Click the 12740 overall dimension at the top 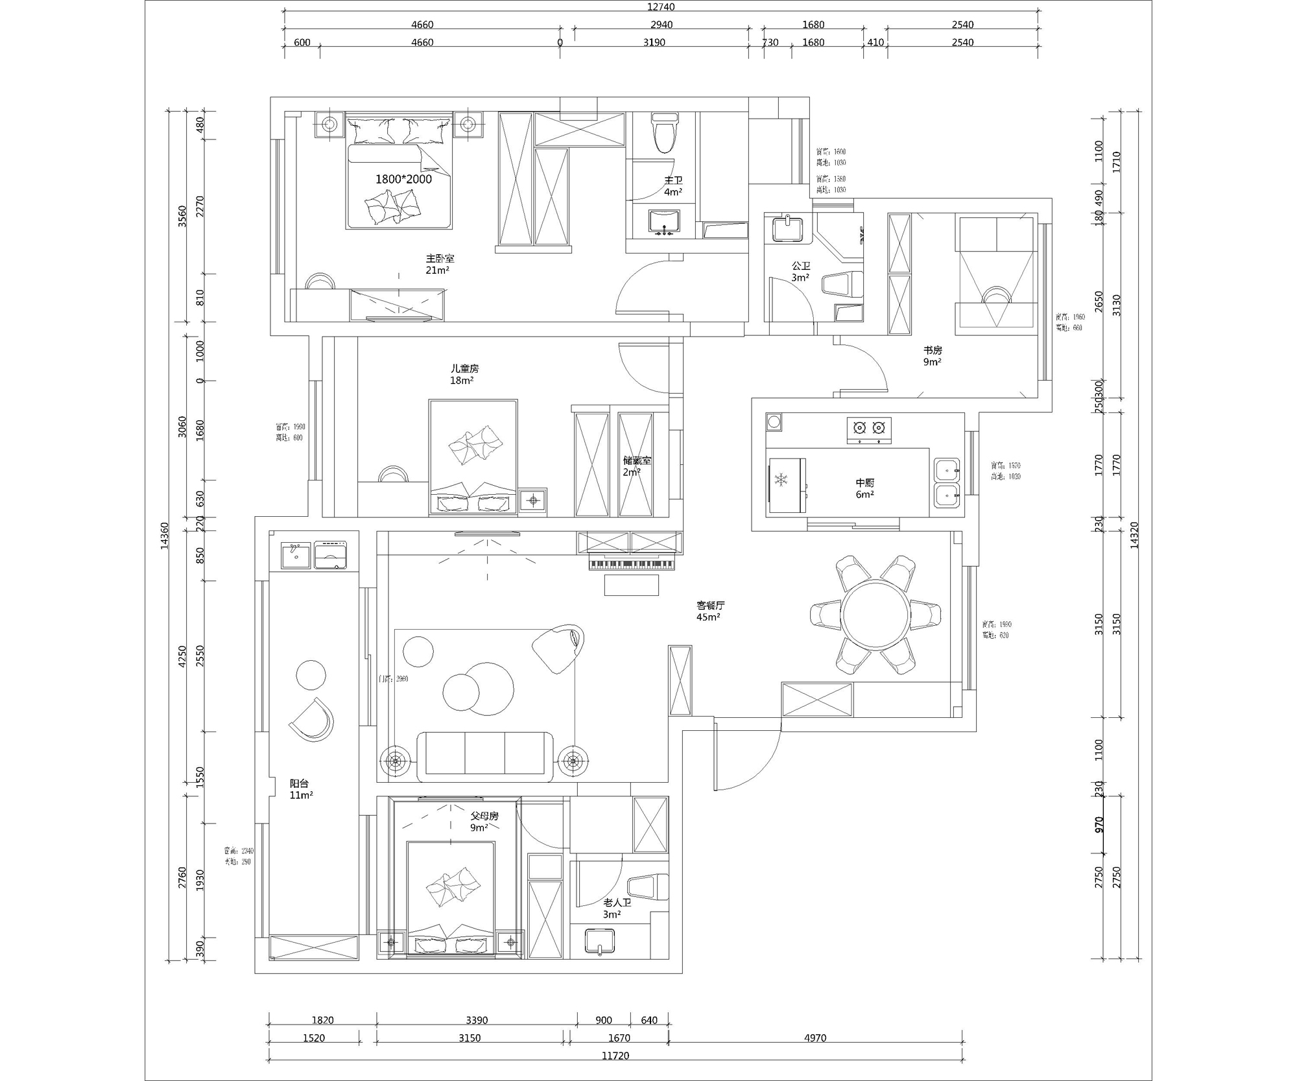661,6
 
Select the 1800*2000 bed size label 403,179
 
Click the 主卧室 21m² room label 439,264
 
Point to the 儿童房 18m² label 464,374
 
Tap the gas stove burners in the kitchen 869,428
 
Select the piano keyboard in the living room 632,565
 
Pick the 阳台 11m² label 301,789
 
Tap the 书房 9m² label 933,356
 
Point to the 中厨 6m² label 864,488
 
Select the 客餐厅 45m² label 710,611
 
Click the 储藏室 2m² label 636,466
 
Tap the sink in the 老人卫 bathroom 599,941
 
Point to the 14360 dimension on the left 164,535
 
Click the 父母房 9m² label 483,822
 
